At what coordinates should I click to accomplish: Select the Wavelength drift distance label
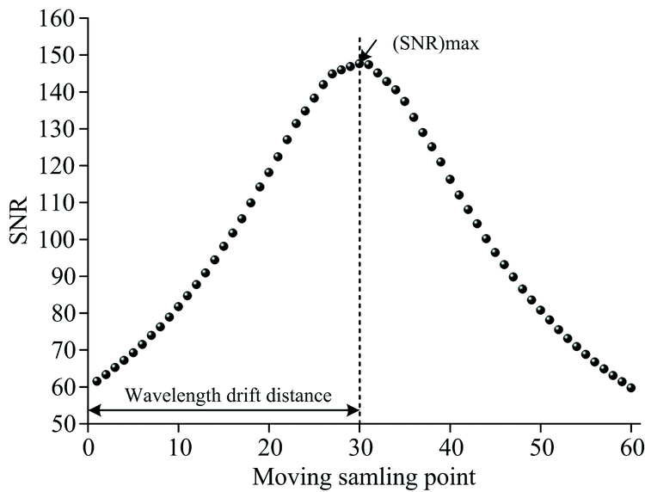pos(228,396)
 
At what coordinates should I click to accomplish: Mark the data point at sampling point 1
pos(96,381)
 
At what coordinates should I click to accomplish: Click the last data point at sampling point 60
pos(631,387)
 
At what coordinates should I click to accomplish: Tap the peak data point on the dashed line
pos(359,62)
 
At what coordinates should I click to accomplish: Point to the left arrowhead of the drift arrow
pos(93,409)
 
